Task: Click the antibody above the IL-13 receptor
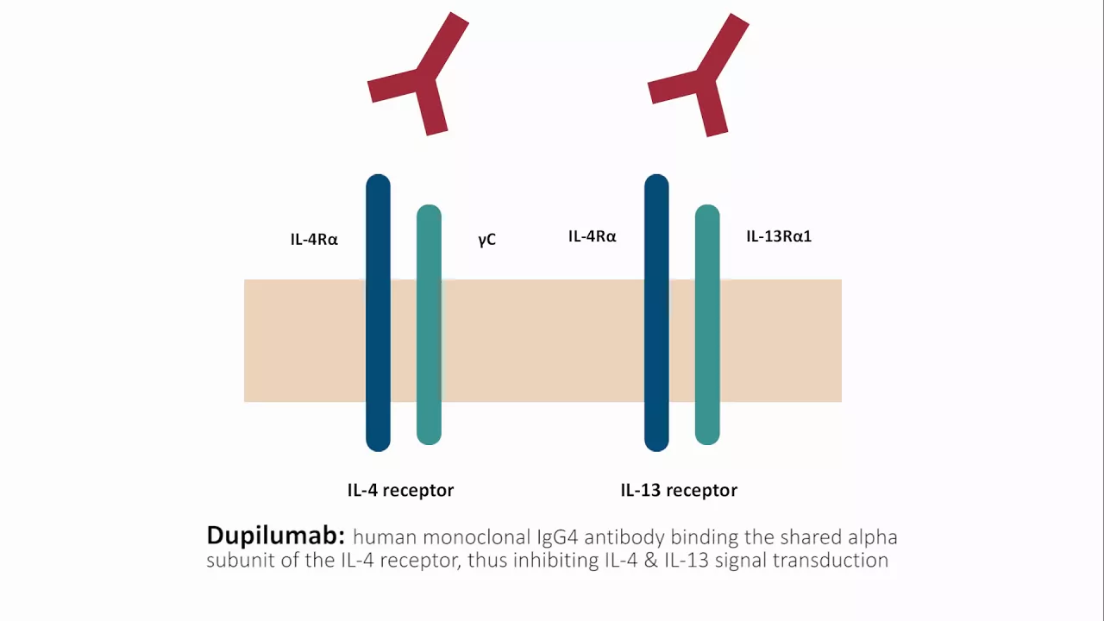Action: click(x=706, y=78)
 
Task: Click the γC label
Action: click(x=486, y=239)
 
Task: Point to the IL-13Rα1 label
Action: click(x=778, y=235)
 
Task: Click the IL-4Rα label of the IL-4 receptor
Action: click(x=314, y=239)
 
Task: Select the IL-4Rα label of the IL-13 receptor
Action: click(x=592, y=235)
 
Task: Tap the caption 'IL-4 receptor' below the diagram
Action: click(x=400, y=490)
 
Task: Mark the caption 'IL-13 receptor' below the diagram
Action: click(x=679, y=490)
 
